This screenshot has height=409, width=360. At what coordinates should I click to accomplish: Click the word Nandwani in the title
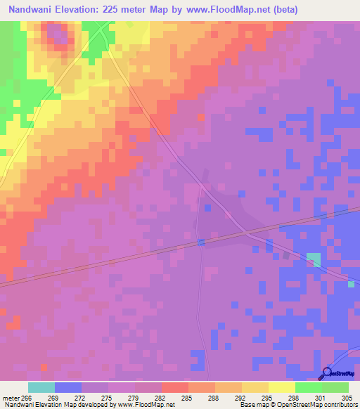pyautogui.click(x=34, y=10)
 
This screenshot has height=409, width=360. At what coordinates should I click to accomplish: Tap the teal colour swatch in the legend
pyautogui.click(x=41, y=387)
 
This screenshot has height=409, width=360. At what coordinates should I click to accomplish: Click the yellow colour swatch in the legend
pyautogui.click(x=282, y=387)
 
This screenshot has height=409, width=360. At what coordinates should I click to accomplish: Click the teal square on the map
pyautogui.click(x=313, y=259)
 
